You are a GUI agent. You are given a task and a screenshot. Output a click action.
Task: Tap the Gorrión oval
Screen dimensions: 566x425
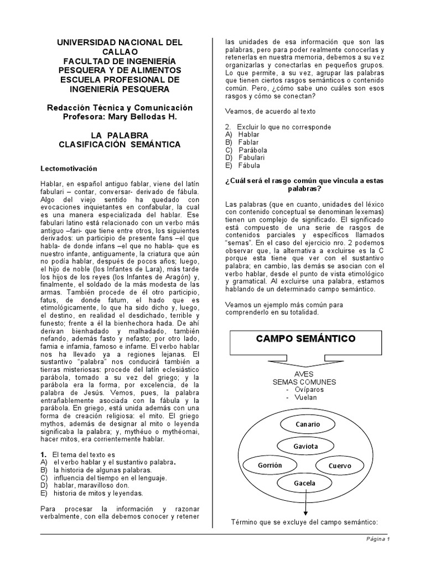point(269,465)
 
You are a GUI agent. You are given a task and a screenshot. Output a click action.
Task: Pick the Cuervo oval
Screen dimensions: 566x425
point(340,465)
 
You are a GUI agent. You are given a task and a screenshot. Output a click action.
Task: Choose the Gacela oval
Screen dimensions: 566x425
point(304,483)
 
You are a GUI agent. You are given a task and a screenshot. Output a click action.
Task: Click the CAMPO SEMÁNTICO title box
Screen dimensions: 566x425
point(305,338)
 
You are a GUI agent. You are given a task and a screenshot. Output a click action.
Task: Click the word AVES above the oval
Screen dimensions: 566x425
point(305,374)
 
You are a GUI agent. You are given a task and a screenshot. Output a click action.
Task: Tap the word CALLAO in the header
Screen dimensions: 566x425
point(120,51)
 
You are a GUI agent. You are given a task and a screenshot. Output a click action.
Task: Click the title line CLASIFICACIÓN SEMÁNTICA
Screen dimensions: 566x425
point(120,144)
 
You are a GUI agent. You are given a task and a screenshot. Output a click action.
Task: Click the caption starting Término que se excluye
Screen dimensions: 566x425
point(304,522)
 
